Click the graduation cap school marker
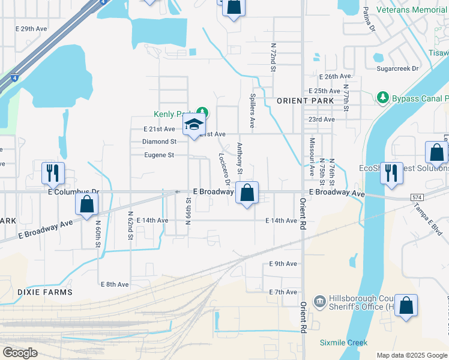194,125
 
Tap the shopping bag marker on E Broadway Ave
247,193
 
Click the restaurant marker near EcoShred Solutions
391,173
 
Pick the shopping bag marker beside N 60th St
87,204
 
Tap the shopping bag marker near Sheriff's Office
406,305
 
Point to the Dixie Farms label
36,292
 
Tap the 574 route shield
418,197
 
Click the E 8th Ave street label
115,284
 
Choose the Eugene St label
158,155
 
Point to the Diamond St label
159,142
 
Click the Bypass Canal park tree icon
382,97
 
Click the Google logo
20,353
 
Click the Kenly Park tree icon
203,112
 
